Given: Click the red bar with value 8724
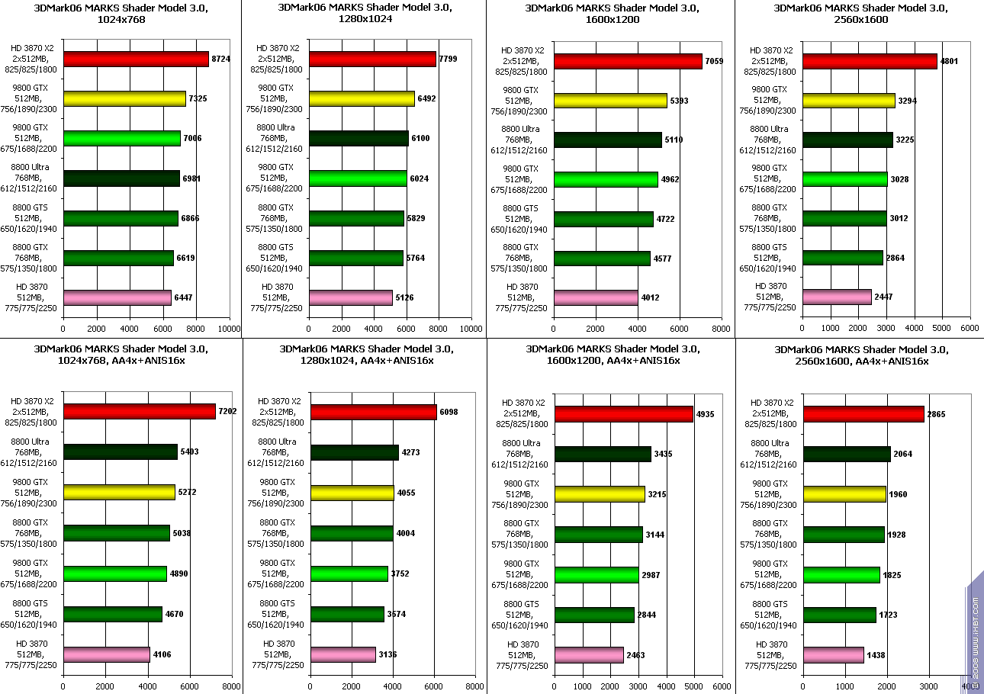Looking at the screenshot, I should [x=136, y=59].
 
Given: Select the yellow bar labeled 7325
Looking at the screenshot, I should [x=124, y=98].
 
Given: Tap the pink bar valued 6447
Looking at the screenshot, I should [x=117, y=297].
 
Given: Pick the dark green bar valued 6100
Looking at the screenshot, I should [x=359, y=138].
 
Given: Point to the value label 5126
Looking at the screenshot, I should [x=404, y=297].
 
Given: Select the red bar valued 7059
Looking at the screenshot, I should [x=628, y=62].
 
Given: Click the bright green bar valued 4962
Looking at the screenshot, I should [x=606, y=179].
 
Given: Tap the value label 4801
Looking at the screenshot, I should [x=950, y=61].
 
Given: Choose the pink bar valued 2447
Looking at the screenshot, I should [x=837, y=297].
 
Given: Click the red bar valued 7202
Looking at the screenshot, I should [x=140, y=411].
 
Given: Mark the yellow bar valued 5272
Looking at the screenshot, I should [x=119, y=492].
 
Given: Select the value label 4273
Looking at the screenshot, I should [x=410, y=452].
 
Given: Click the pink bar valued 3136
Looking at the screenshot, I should [x=343, y=654].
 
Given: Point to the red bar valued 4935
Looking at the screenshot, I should [x=624, y=414].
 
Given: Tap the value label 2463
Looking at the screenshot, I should [x=636, y=655].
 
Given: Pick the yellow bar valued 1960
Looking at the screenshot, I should [x=844, y=494].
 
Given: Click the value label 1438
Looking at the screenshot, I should [x=876, y=655].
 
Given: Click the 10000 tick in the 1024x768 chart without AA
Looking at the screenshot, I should [x=230, y=329].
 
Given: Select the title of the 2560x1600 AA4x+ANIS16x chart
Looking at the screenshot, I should [x=851, y=355].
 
